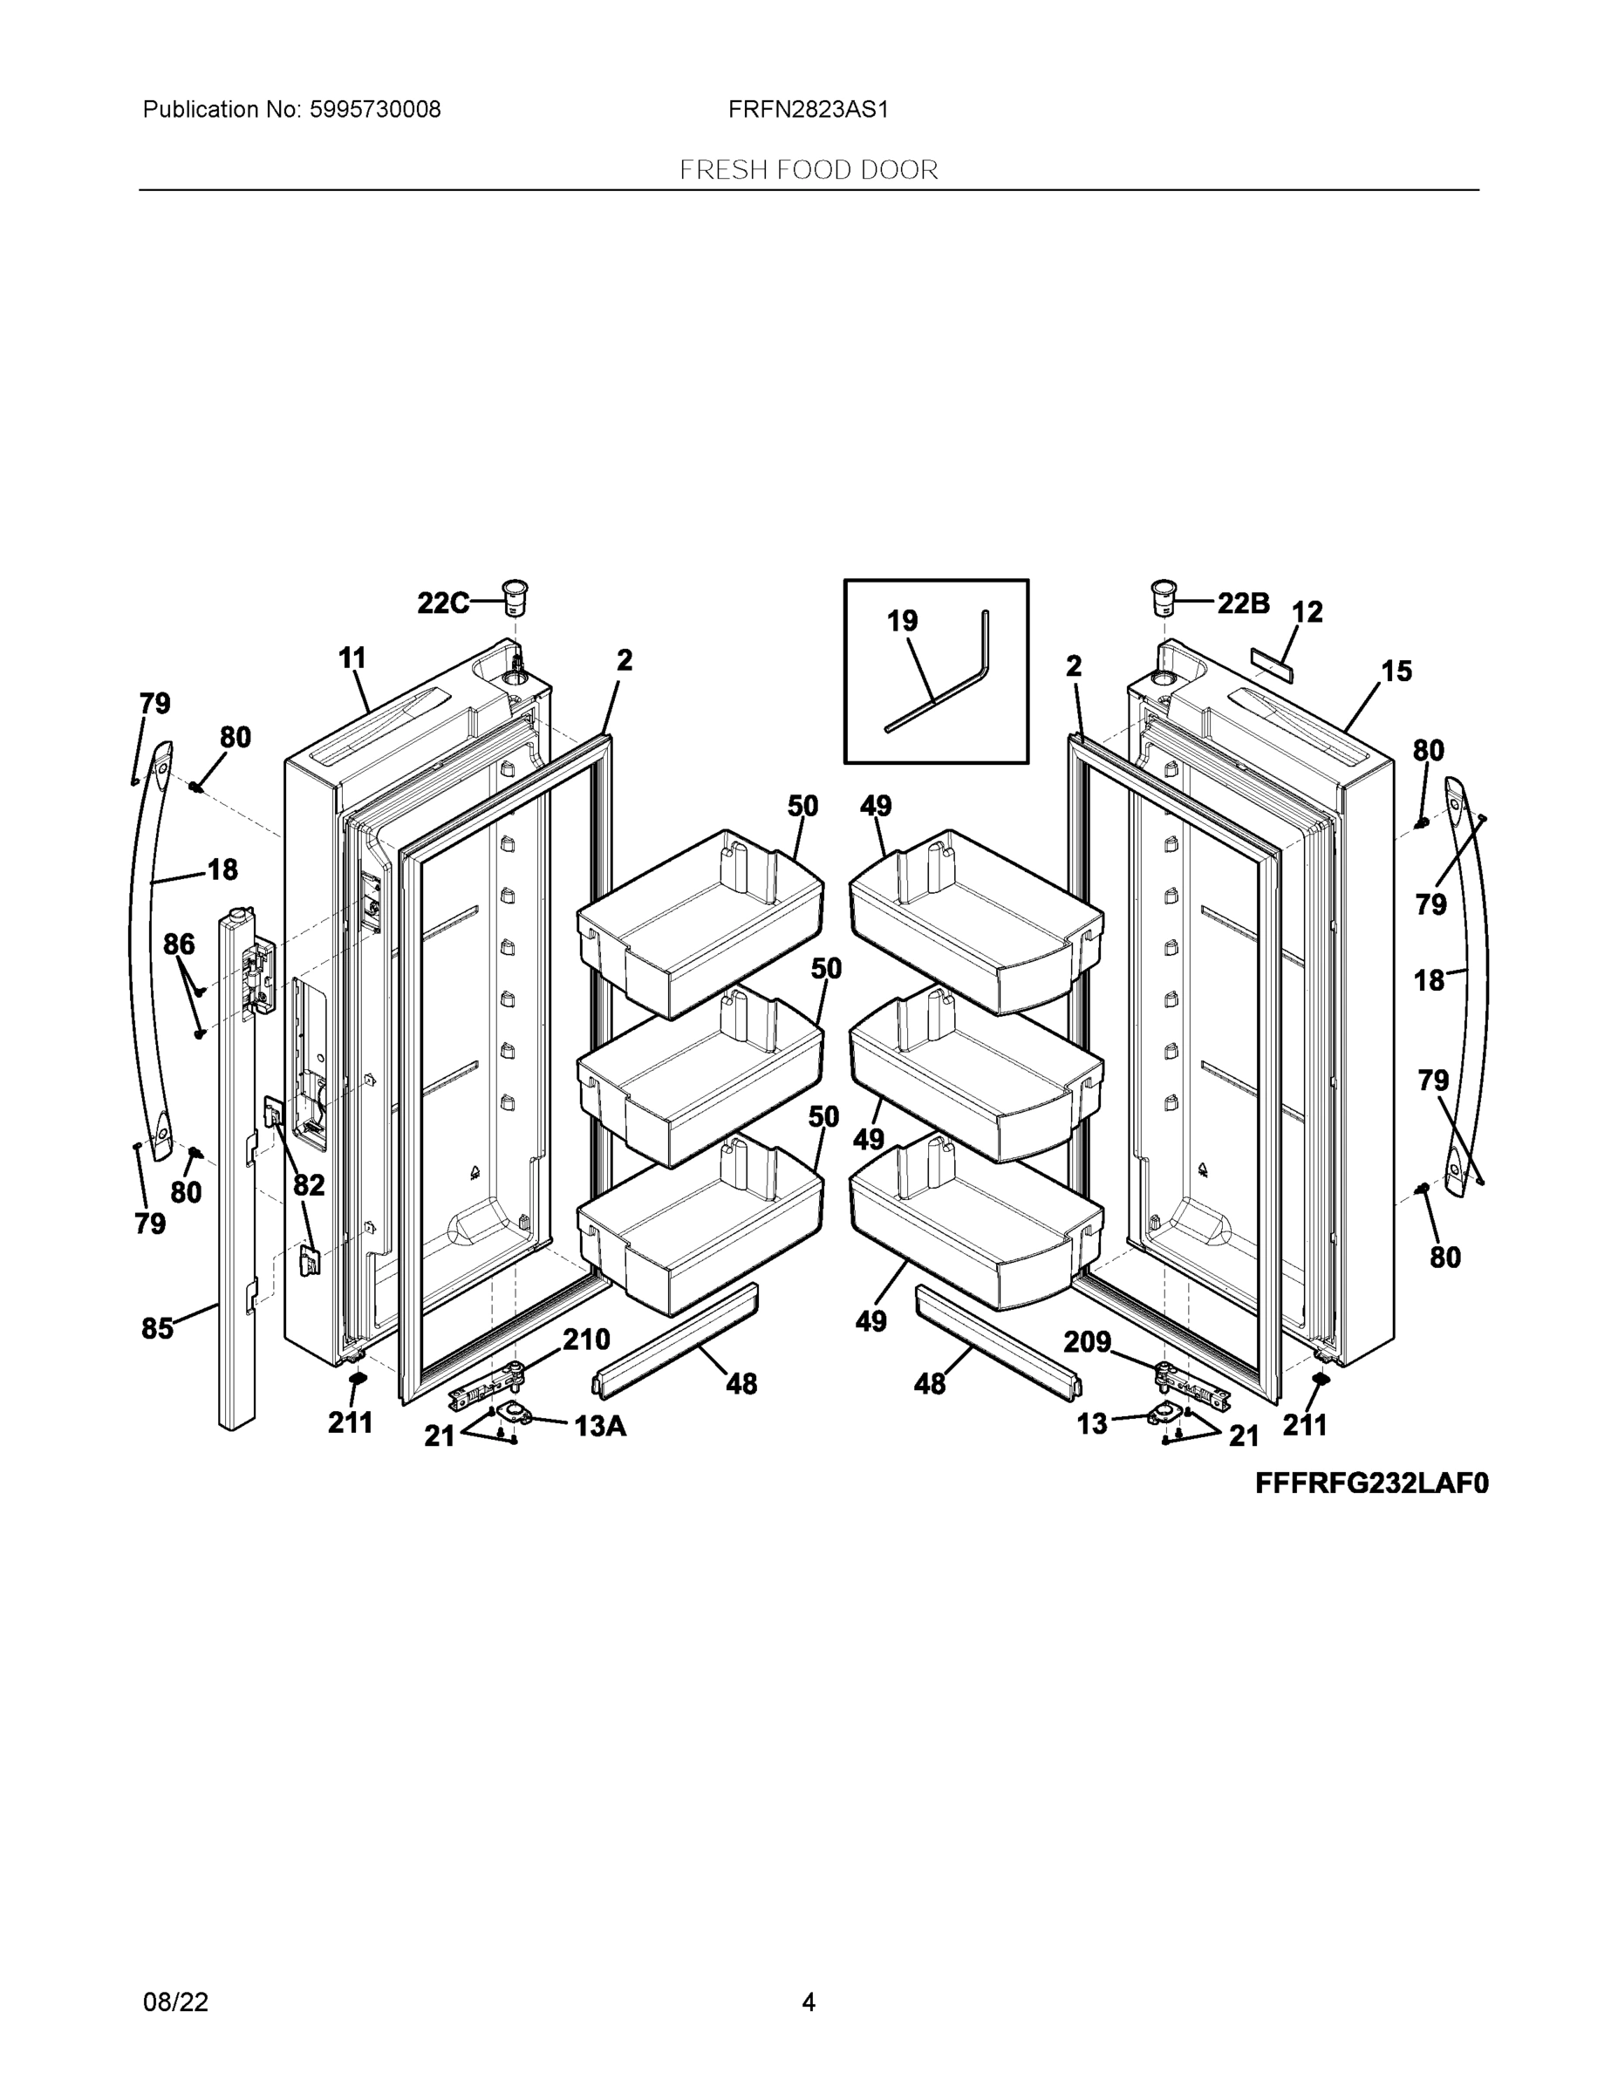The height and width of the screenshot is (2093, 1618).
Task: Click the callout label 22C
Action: coord(442,603)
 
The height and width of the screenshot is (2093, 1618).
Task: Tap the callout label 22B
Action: coord(1243,603)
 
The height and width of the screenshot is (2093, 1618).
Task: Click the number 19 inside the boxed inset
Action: coord(902,621)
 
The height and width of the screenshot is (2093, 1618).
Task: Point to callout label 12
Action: coord(1307,611)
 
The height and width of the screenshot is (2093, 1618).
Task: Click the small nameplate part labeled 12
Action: coord(1271,662)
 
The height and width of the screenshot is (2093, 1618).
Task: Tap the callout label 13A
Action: coord(600,1427)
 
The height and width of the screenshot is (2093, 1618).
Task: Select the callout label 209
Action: coord(1087,1341)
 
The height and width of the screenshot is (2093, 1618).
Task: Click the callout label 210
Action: coord(585,1339)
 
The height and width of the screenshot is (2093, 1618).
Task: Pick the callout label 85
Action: coord(157,1328)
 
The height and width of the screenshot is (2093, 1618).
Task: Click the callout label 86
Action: coord(180,945)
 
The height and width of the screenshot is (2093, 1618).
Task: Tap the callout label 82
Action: coord(309,1186)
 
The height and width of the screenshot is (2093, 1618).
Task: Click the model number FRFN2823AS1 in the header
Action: coord(808,109)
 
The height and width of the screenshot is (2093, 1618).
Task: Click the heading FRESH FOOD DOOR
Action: coord(808,170)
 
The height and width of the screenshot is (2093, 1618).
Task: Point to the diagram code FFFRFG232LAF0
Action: coord(1372,1483)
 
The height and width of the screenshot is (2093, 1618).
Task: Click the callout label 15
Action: coord(1396,671)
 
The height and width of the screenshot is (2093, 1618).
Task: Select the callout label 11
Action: coord(352,658)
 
